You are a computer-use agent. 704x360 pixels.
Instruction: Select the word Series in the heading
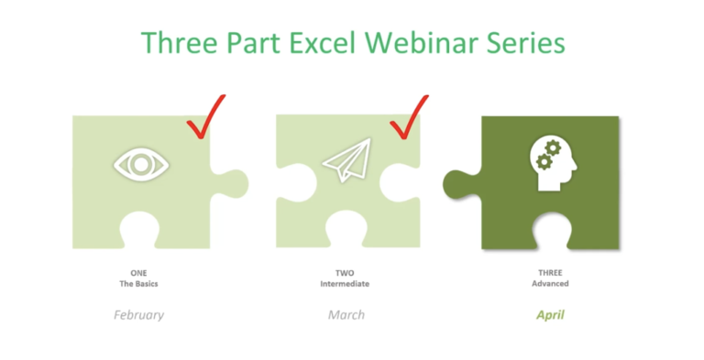(524, 42)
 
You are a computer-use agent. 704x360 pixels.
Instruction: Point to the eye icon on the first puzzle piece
(141, 165)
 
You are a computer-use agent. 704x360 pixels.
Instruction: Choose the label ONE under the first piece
(139, 272)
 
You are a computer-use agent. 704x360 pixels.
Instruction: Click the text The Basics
(139, 283)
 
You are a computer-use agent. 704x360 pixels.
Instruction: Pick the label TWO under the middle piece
(345, 272)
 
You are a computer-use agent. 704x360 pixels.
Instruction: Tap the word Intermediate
(345, 283)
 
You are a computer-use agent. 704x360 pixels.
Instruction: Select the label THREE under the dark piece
(551, 272)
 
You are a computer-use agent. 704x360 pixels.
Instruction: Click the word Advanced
(551, 283)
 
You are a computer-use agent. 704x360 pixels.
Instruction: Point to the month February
(139, 314)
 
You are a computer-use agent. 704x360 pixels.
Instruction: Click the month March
(346, 314)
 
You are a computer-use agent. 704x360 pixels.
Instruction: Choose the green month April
(551, 314)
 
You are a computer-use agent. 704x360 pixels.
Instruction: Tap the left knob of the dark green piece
(459, 182)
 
